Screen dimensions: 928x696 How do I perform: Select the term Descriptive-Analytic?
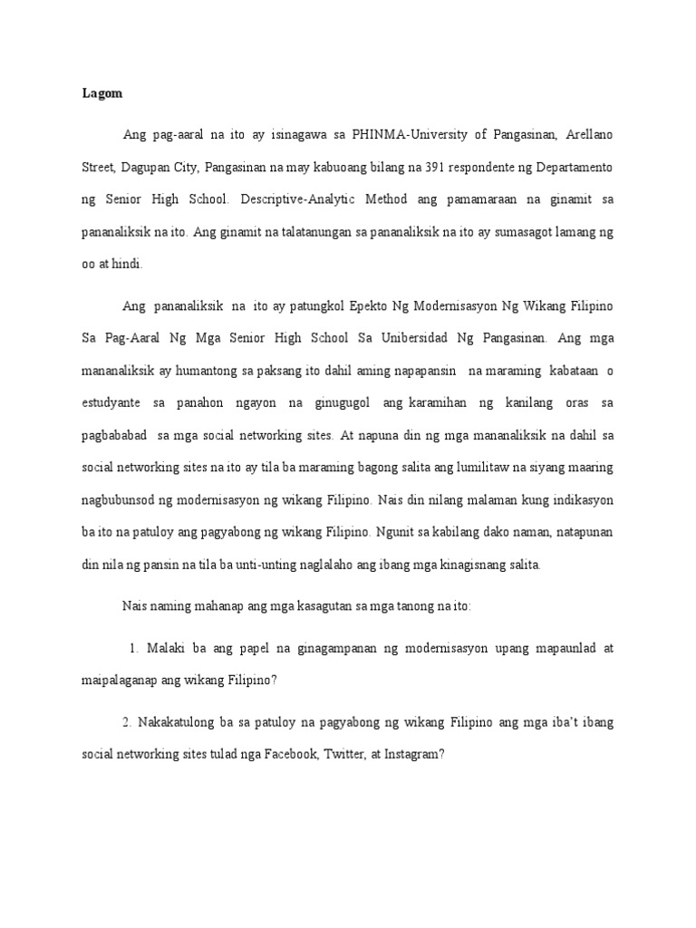pos(341,198)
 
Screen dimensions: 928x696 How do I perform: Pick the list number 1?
pos(132,649)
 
